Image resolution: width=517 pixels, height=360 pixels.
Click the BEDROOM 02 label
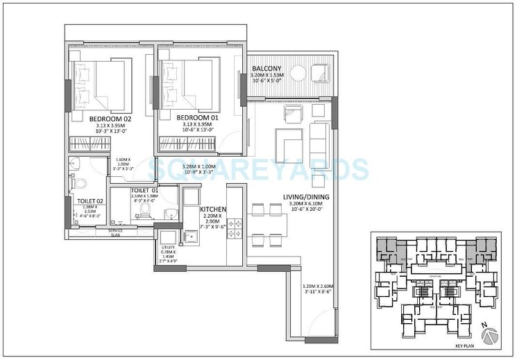click(x=110, y=119)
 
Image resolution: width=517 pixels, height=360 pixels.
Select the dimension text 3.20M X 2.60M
click(x=319, y=286)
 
